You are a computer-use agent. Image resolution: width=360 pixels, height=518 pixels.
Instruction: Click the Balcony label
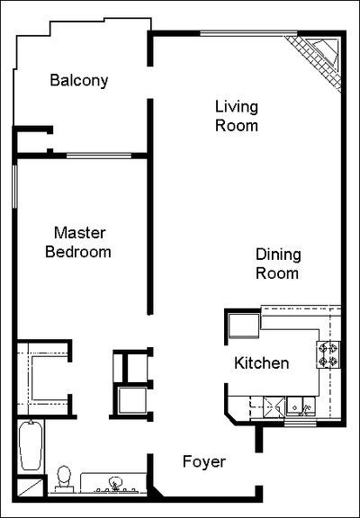click(x=79, y=81)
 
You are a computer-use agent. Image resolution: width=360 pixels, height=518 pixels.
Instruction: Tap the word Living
click(x=237, y=107)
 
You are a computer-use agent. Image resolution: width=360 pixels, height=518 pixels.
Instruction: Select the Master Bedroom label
click(x=78, y=242)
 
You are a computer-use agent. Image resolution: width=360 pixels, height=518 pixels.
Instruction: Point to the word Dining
click(x=278, y=255)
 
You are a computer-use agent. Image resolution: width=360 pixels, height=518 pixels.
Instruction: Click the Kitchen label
click(x=262, y=363)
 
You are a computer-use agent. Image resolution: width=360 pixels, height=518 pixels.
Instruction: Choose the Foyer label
click(x=204, y=461)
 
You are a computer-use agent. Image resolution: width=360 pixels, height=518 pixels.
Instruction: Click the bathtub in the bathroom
click(x=31, y=445)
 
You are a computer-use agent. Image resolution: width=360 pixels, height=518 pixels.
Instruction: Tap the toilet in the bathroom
click(x=64, y=478)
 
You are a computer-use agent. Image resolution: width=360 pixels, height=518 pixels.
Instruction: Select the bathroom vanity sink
click(x=114, y=484)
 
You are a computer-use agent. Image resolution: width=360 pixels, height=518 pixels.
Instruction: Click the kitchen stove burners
click(x=328, y=354)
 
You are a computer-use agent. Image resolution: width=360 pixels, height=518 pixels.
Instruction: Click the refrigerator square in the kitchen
click(x=244, y=326)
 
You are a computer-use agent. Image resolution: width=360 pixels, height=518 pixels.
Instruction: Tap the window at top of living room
click(x=248, y=33)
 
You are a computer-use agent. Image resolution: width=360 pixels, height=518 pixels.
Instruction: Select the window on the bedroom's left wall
click(x=14, y=186)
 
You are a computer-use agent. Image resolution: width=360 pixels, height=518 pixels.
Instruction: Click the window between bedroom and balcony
click(x=99, y=156)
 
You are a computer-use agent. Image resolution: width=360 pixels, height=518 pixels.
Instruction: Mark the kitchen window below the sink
click(x=301, y=423)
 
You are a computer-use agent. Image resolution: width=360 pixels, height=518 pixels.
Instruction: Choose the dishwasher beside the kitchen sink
click(x=274, y=407)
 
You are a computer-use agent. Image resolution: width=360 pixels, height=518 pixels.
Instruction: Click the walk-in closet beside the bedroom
click(x=42, y=378)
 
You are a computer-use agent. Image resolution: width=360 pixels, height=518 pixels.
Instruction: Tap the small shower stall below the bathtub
click(x=30, y=487)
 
